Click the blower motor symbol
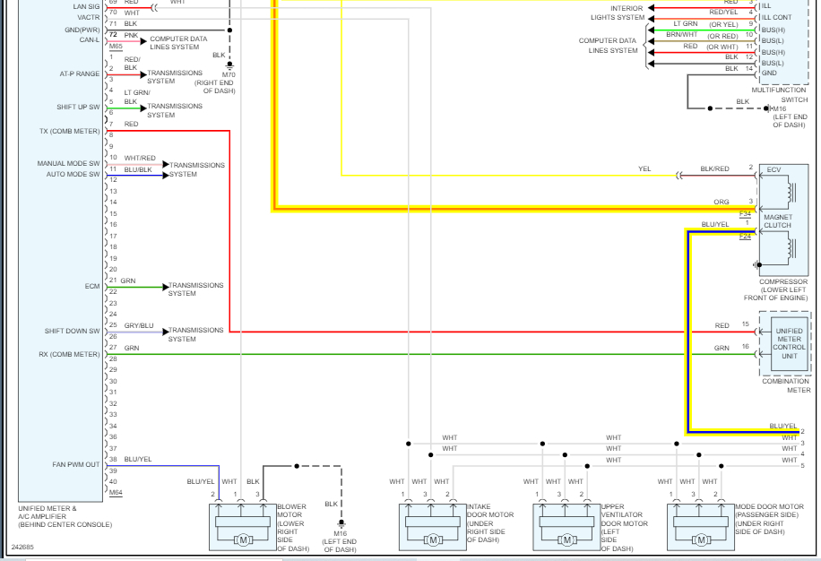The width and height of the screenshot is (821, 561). click(243, 526)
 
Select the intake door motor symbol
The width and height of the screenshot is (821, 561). click(433, 526)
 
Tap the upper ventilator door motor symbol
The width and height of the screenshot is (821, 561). click(566, 526)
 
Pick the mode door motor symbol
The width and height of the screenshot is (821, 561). click(700, 526)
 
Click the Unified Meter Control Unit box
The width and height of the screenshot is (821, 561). click(789, 343)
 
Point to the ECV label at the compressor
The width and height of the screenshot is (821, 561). click(773, 170)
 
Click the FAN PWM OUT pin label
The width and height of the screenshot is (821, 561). click(76, 465)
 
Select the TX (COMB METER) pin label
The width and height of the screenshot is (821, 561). click(69, 132)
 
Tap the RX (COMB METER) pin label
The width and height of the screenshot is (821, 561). click(69, 354)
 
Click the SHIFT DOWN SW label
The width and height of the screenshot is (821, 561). click(73, 332)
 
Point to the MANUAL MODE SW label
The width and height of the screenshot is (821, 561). click(68, 164)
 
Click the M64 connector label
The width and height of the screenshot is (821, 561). click(115, 493)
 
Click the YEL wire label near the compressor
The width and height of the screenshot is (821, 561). click(644, 168)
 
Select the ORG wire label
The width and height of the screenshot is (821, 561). click(722, 202)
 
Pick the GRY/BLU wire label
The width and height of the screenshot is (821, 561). click(139, 325)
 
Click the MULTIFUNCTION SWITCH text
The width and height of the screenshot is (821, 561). click(779, 95)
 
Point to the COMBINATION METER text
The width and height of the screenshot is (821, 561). click(785, 385)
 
